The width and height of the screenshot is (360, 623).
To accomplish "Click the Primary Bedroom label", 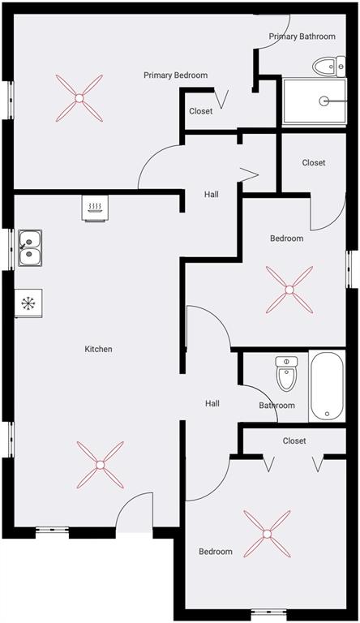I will [x=175, y=75].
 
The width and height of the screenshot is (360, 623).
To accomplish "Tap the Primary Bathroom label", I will [x=302, y=37].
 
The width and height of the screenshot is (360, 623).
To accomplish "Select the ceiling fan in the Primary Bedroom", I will [x=79, y=97].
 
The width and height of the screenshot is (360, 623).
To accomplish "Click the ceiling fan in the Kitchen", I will [x=100, y=465].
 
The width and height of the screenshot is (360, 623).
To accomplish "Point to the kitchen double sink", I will [x=30, y=248].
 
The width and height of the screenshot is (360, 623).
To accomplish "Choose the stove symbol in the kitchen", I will [x=95, y=208].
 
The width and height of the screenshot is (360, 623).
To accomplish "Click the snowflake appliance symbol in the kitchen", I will [x=28, y=304].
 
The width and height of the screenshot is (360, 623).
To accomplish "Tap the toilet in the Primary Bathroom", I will [x=328, y=66].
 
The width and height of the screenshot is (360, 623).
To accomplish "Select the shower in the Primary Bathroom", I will [x=314, y=101].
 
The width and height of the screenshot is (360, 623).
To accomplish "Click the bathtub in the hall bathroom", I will [x=327, y=386].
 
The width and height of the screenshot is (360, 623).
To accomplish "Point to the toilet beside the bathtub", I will [x=286, y=374].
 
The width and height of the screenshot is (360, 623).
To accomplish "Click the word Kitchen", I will [x=99, y=350].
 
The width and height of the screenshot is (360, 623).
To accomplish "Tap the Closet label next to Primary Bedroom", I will [x=201, y=111].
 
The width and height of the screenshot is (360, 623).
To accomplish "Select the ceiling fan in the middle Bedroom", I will [x=289, y=290].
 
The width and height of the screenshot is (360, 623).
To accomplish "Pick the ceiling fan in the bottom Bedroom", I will [x=267, y=533].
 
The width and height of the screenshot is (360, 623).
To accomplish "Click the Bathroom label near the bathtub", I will [x=276, y=406].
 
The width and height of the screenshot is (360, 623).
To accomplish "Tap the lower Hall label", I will [x=212, y=403].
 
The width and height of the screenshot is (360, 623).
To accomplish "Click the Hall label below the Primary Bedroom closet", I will [x=211, y=195].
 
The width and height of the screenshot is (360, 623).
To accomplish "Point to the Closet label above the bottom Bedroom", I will [x=294, y=441].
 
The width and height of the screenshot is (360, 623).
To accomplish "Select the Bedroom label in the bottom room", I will [x=216, y=552].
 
